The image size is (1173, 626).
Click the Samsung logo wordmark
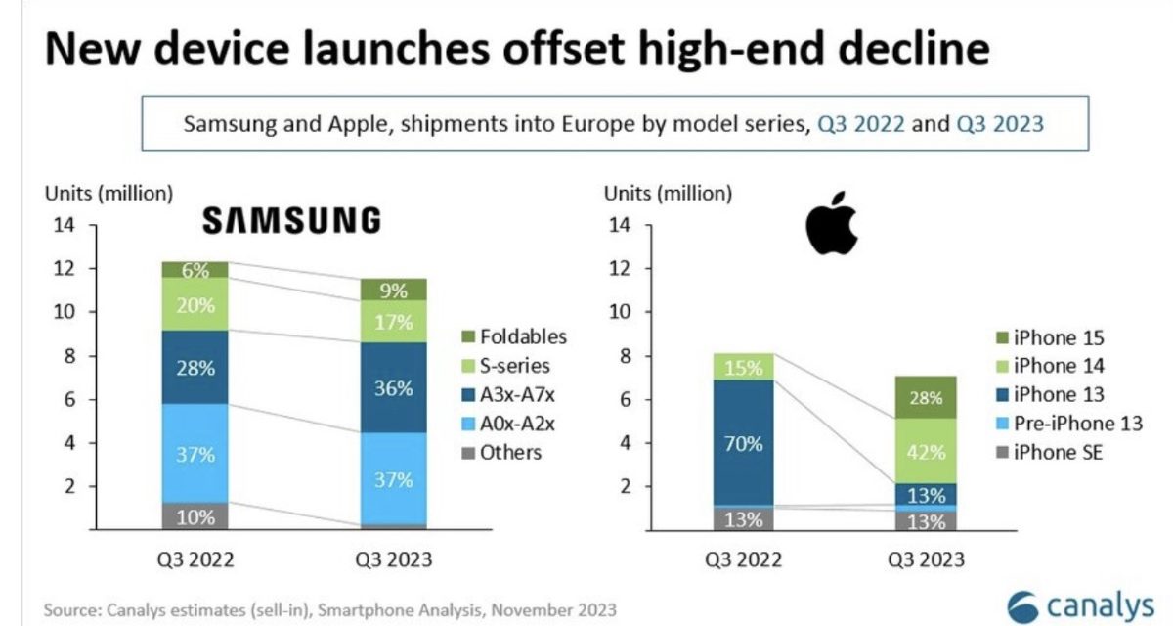pyautogui.click(x=291, y=221)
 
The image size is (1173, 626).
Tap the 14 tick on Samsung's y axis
pyautogui.click(x=65, y=226)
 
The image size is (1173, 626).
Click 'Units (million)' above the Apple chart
pyautogui.click(x=666, y=194)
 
